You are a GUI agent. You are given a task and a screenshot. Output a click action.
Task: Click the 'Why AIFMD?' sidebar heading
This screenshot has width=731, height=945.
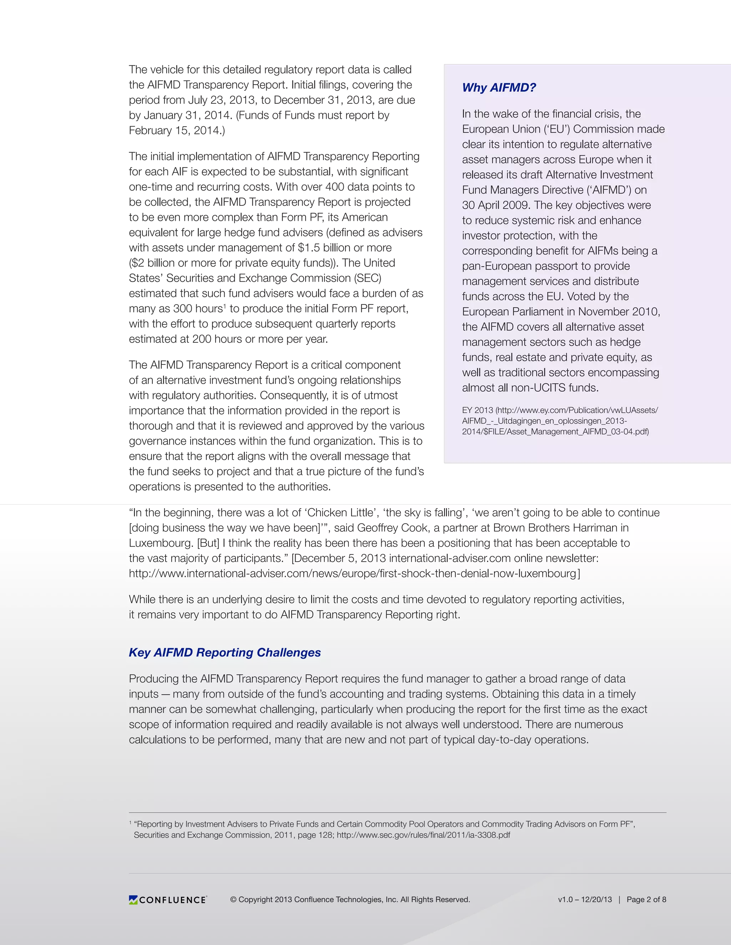coord(499,87)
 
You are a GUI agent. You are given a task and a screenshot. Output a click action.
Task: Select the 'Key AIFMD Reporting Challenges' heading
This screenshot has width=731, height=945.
coord(225,652)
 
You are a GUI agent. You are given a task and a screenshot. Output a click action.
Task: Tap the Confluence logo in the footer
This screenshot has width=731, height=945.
coord(168,900)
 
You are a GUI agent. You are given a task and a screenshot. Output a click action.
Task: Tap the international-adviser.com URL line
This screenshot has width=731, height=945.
coord(354,573)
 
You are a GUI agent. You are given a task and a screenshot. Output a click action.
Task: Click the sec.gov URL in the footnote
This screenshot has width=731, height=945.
coord(423,835)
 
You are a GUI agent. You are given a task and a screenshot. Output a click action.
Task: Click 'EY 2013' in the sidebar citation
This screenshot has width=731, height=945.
coord(477,410)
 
